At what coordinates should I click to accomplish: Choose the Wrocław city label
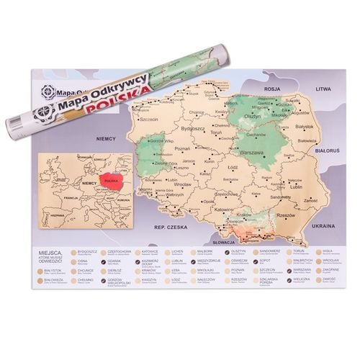click(x=181, y=186)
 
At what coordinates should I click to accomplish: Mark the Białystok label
click(x=308, y=125)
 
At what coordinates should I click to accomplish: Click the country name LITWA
click(x=321, y=88)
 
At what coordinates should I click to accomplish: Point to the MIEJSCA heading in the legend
click(x=50, y=253)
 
